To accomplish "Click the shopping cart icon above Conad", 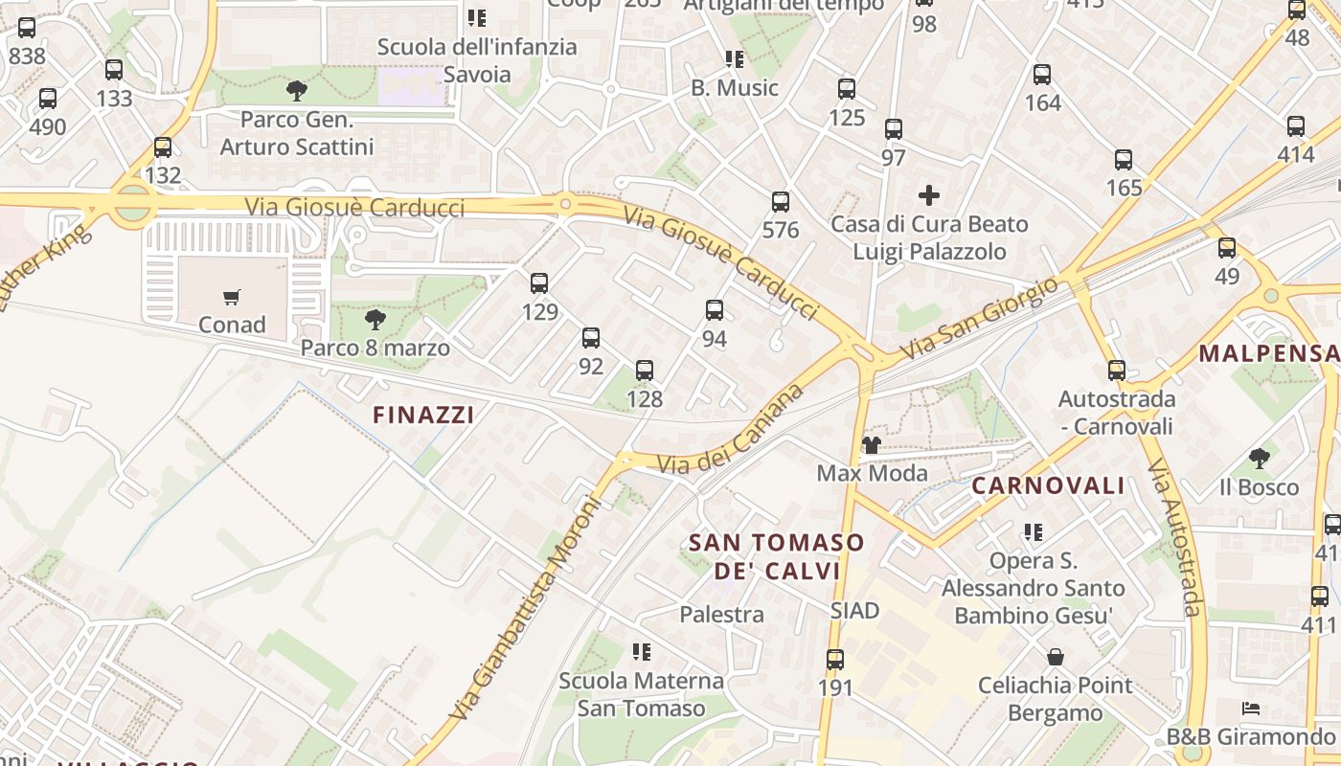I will (x=232, y=297).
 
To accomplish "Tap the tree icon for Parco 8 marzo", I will (x=375, y=320).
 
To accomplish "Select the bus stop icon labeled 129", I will (x=539, y=283).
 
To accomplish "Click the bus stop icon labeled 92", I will (x=591, y=338).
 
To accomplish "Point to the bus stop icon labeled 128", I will (x=645, y=371).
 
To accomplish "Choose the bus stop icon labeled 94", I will (x=715, y=310).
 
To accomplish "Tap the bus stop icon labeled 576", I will (x=781, y=202).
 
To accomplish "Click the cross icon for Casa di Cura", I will (x=928, y=196).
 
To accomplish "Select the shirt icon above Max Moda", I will (x=872, y=444).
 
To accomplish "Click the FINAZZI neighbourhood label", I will (x=423, y=415).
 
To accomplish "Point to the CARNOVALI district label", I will (x=1048, y=485).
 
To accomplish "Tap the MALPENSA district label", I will (x=1268, y=353).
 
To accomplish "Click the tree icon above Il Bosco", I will (x=1260, y=459).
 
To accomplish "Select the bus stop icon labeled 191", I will (x=835, y=660).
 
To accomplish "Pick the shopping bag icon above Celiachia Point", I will (x=1055, y=657).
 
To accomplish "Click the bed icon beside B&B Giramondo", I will (x=1250, y=709).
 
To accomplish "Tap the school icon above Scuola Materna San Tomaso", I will (x=642, y=652).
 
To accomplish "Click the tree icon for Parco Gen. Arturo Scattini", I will (x=297, y=91).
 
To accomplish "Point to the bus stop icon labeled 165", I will (x=1124, y=160).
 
